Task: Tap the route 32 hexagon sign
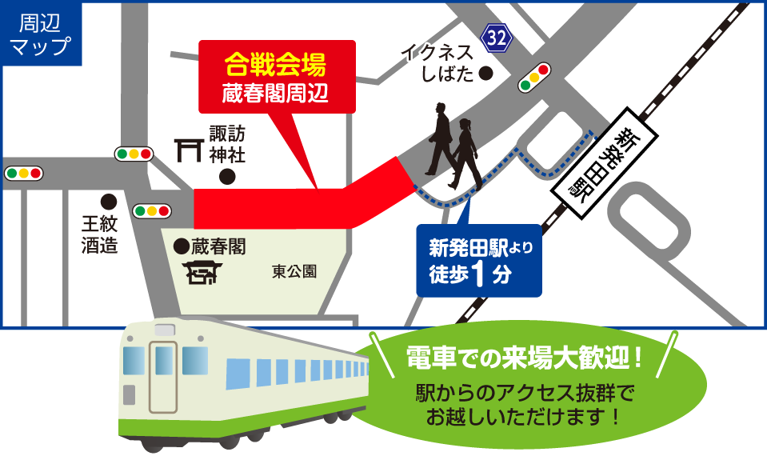point(496,37)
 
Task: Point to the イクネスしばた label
point(437,63)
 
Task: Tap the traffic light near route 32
point(535,78)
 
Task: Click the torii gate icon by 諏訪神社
point(189,149)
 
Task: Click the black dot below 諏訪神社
point(228,176)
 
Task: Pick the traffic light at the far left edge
point(23,173)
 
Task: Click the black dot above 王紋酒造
point(108,201)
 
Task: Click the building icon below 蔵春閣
point(202,274)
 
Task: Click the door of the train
point(163,376)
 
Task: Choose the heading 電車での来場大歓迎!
point(524,358)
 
